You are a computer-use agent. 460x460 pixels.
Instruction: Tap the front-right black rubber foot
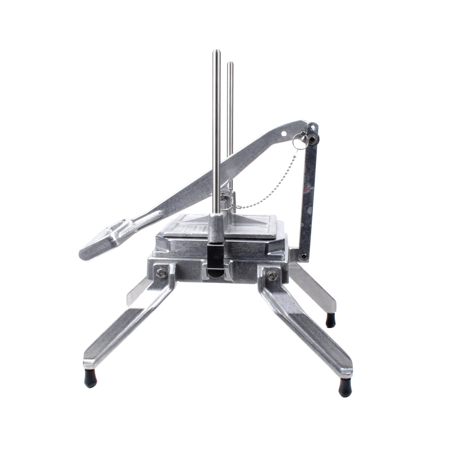(345, 387)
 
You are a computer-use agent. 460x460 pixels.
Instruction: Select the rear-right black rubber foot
(330, 320)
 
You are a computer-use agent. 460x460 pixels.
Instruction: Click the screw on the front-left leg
(161, 273)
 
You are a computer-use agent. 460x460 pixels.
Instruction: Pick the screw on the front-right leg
(272, 276)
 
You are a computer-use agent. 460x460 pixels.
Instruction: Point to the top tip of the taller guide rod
(216, 52)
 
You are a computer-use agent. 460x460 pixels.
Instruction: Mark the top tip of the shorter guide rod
(230, 63)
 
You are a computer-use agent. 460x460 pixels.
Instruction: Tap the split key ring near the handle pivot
(299, 142)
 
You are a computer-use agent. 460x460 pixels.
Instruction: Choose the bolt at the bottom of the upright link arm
(303, 256)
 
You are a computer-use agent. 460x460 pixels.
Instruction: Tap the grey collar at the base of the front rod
(216, 228)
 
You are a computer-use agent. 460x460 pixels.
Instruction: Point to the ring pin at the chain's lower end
(226, 202)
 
